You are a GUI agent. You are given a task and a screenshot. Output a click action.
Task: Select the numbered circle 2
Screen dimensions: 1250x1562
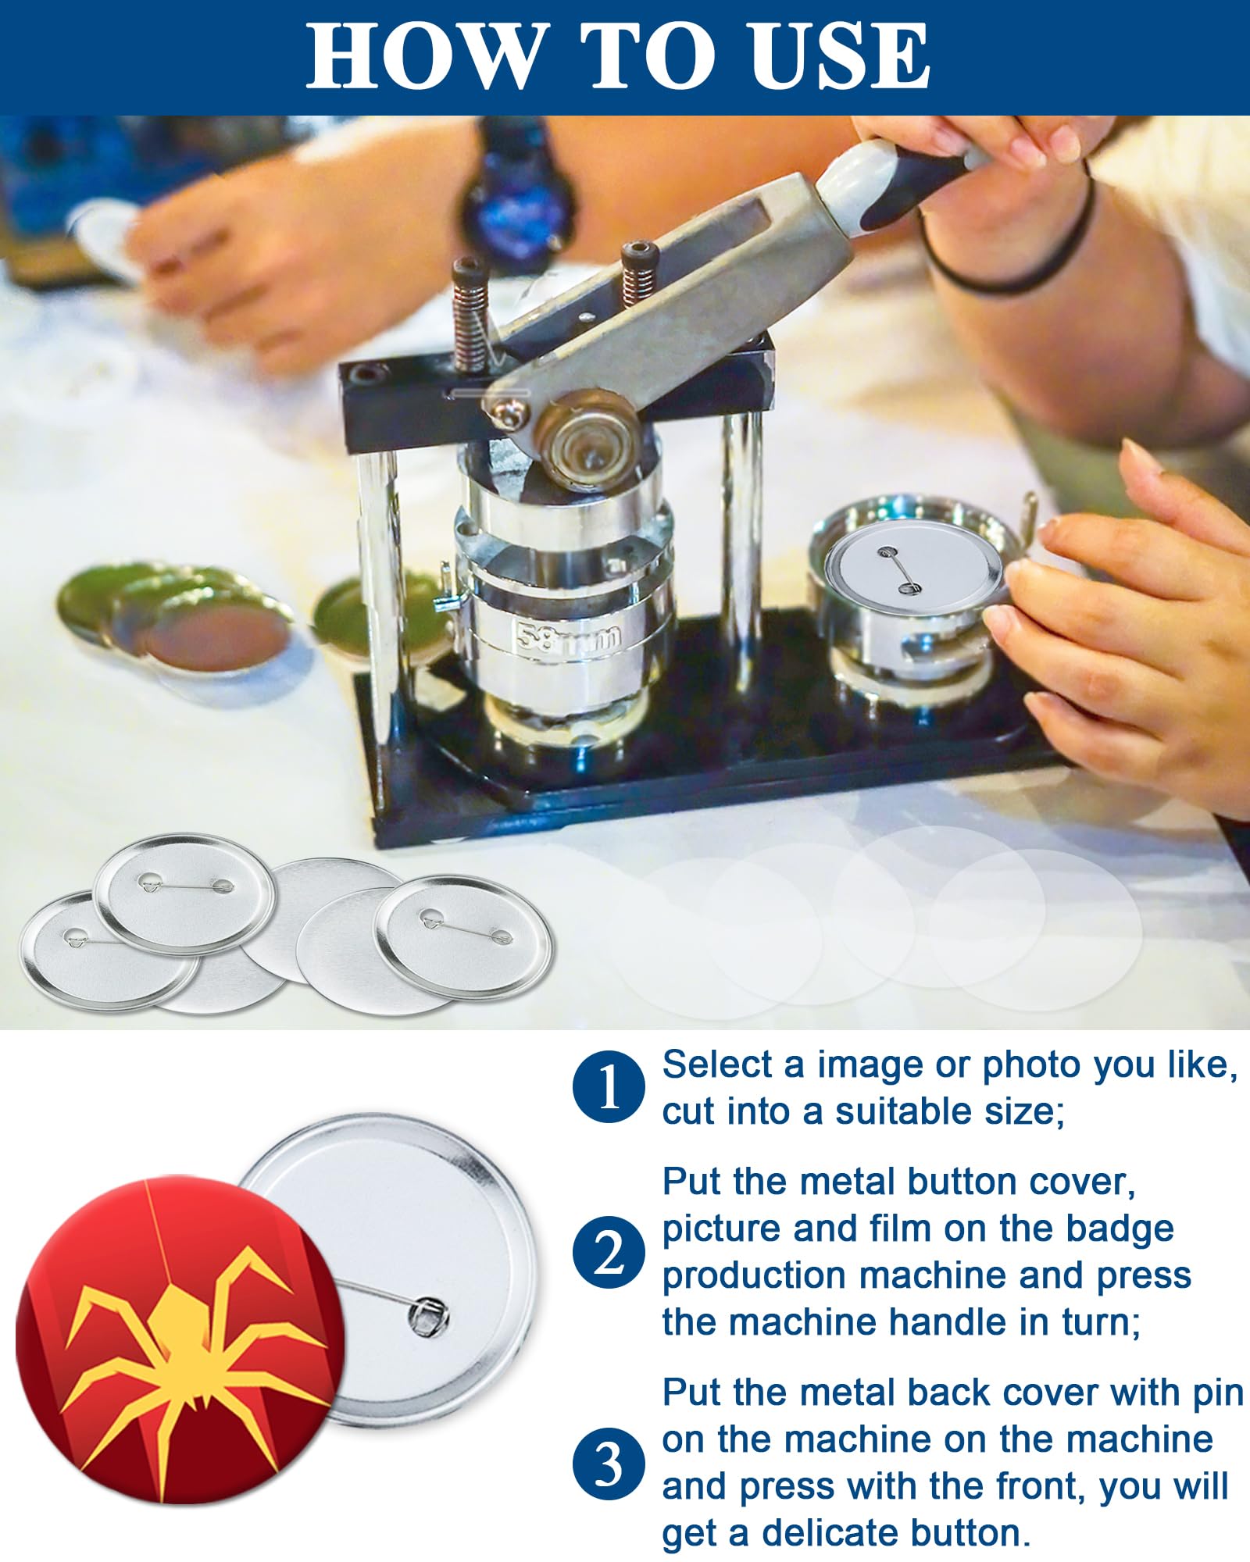pos(609,1254)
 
